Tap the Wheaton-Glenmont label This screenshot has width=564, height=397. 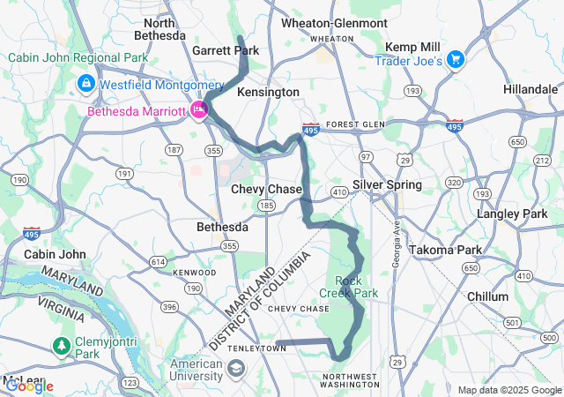[334, 23]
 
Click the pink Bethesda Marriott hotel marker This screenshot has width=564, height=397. [199, 111]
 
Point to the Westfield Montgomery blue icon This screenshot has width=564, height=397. [86, 85]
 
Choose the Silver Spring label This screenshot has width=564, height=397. [387, 184]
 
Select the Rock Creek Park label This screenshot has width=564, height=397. [356, 287]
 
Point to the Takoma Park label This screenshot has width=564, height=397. [442, 250]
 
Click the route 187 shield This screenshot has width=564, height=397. [174, 151]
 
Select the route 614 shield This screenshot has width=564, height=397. [158, 262]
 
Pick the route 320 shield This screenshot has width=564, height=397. [454, 183]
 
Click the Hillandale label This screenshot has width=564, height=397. [531, 90]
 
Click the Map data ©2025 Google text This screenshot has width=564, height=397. [508, 390]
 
